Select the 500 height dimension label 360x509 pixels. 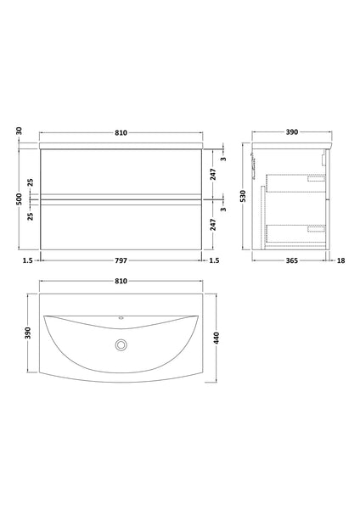[x=19, y=199]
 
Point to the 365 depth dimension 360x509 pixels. [x=290, y=261]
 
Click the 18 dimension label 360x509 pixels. [x=341, y=261]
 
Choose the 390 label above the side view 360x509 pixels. [x=290, y=133]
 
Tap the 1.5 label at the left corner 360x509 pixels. [x=28, y=261]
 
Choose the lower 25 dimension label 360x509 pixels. [x=31, y=217]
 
